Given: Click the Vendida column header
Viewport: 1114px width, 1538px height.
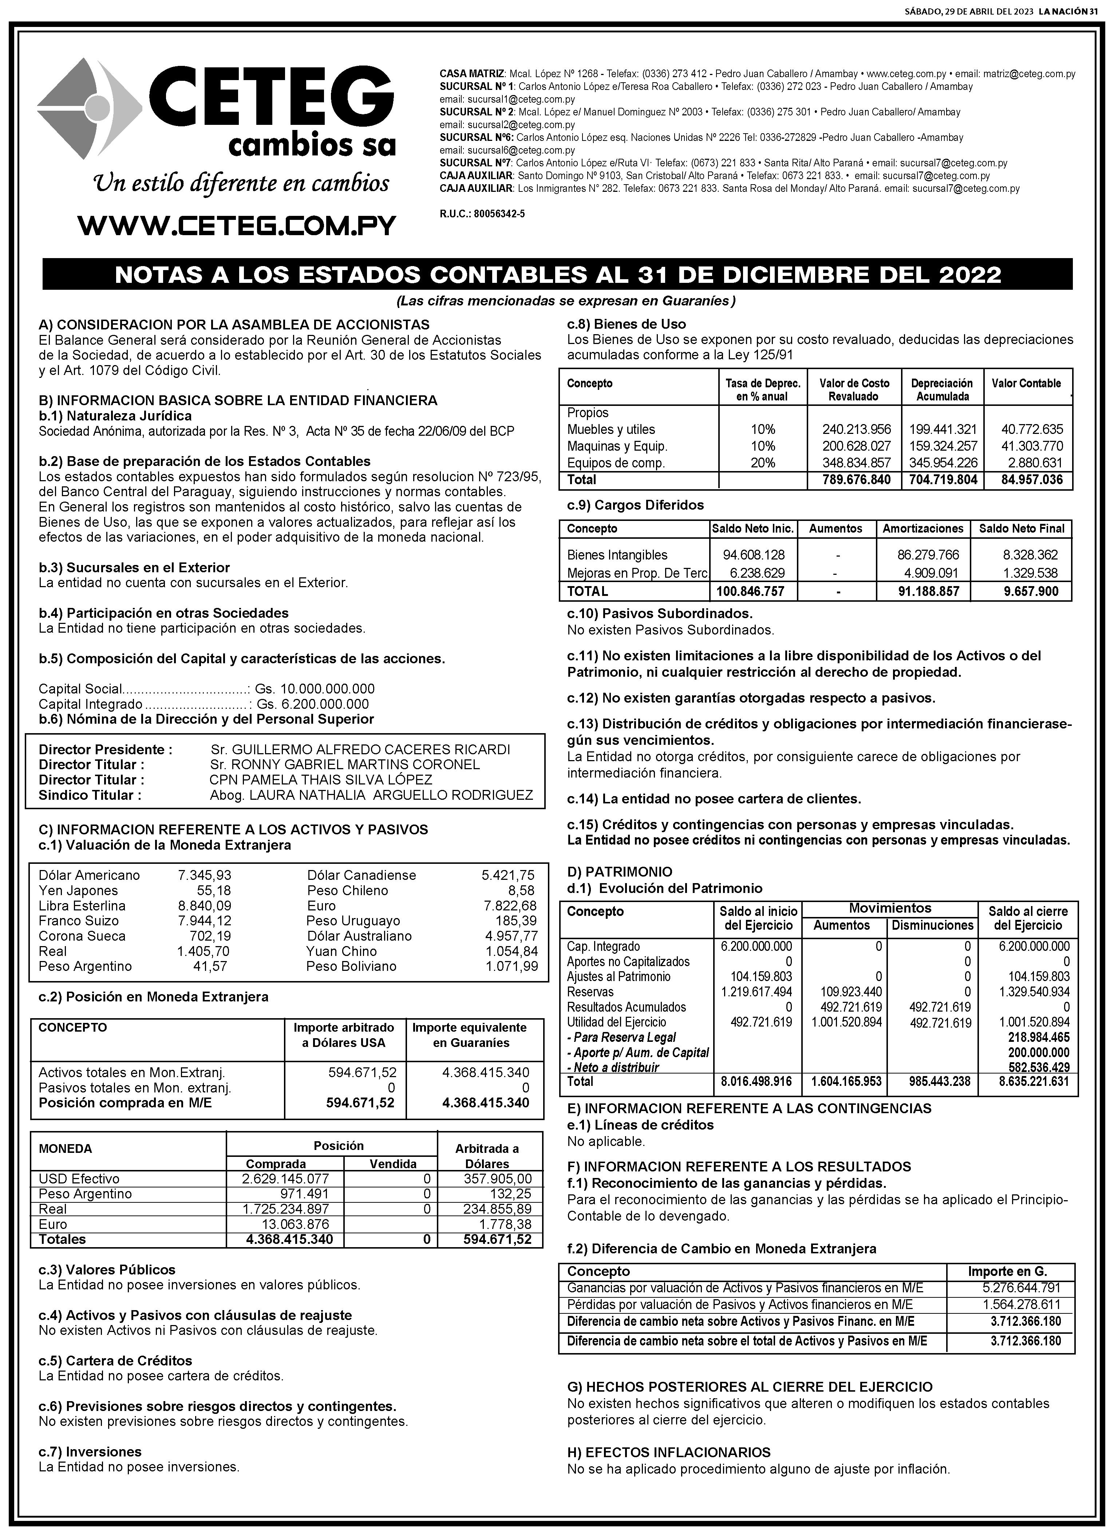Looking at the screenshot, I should click(392, 1164).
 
